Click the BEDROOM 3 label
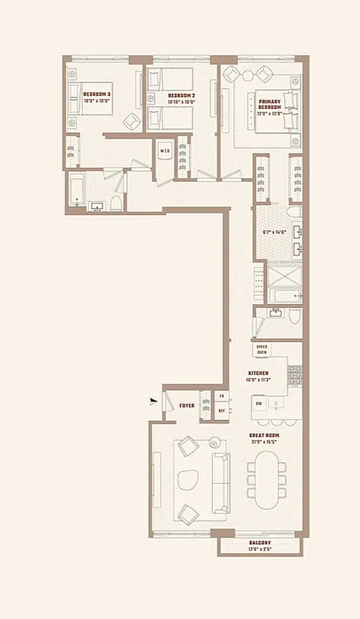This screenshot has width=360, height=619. click(x=98, y=94)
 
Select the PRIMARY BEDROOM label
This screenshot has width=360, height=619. click(x=270, y=102)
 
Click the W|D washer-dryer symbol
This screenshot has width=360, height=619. click(x=164, y=152)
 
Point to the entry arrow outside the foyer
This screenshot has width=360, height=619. click(x=155, y=400)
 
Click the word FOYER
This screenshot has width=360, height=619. click(x=187, y=405)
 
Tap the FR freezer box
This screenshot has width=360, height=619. click(x=221, y=396)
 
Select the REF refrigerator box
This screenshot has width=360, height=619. click(x=221, y=411)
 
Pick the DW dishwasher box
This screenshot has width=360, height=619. click(x=259, y=403)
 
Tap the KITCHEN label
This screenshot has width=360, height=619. click(x=259, y=373)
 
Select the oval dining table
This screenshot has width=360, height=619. click(x=263, y=478)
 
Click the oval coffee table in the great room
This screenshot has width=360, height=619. click(x=188, y=480)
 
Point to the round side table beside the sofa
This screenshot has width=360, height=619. click(x=215, y=443)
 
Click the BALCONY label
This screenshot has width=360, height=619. click(x=259, y=543)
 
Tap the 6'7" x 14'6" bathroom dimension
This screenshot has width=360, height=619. click(x=275, y=232)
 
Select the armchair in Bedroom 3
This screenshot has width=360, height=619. click(x=132, y=120)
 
